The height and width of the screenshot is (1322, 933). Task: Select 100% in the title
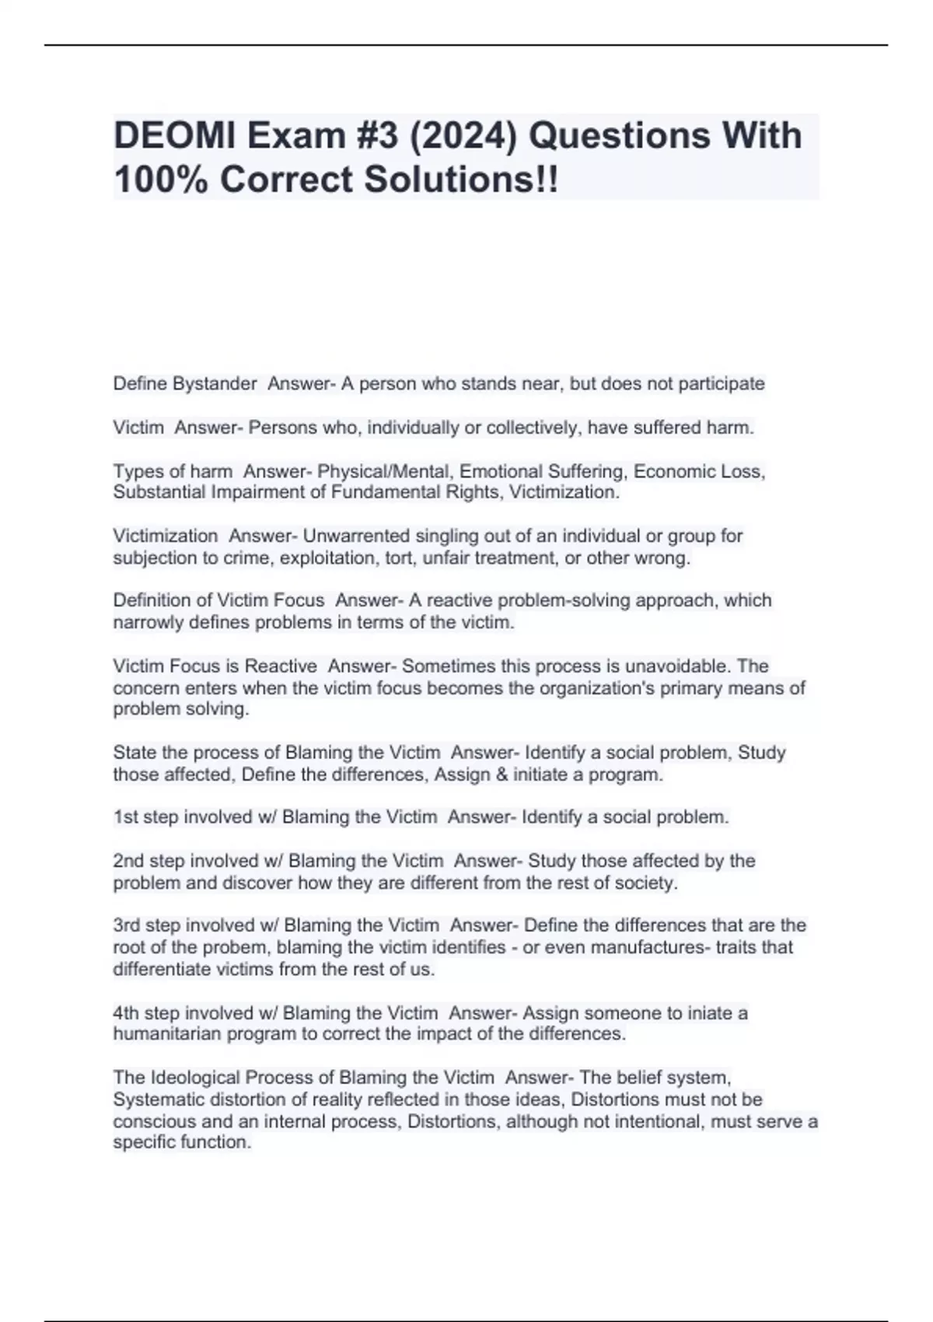point(160,180)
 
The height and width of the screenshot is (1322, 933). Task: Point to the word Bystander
point(215,383)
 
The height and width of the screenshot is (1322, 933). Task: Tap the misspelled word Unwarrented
point(356,536)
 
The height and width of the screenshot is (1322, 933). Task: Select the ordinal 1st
point(126,817)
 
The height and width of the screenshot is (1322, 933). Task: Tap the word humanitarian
point(166,1033)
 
